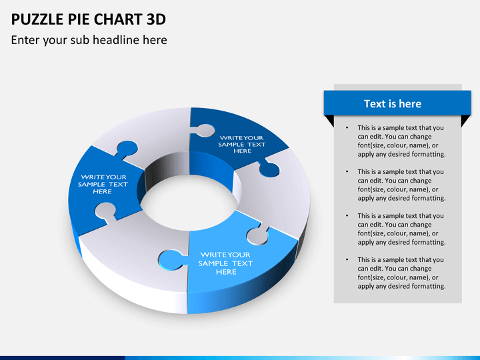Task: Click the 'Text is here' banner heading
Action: pos(392,103)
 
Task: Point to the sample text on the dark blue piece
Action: pos(242,144)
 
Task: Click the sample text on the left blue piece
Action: pos(103,184)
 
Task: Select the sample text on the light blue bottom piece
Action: pos(226,263)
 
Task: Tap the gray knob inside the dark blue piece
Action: pos(204,130)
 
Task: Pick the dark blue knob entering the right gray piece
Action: pos(269,170)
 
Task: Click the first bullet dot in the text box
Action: pos(346,127)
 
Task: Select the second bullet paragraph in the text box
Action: pos(400,185)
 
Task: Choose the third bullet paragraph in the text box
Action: pos(400,229)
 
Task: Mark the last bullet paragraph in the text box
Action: pos(400,273)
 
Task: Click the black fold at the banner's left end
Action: pos(329,121)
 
